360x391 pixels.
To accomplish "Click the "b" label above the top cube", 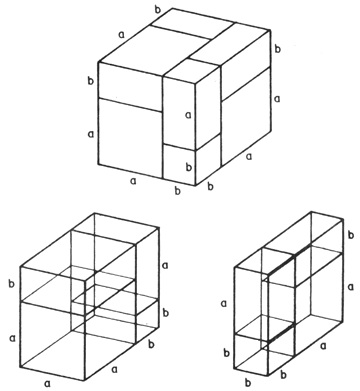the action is [158, 10].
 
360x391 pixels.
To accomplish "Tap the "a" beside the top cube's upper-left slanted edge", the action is [122, 34].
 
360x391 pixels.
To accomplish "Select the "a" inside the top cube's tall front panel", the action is [188, 115].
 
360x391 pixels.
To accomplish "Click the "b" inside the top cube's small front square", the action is [189, 167].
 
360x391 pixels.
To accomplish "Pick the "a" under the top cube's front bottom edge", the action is [133, 181].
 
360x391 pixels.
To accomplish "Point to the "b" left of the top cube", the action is [91, 81].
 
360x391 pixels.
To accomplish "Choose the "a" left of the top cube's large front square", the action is [91, 134].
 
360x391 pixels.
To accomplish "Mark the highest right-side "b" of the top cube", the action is [277, 49].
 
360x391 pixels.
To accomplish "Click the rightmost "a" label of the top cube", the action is [277, 99].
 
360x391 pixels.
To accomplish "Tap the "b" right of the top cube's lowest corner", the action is [210, 186].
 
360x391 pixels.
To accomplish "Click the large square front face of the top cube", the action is [130, 138].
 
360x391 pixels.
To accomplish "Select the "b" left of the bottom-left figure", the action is [12, 284].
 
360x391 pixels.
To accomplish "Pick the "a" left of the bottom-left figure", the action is [13, 338].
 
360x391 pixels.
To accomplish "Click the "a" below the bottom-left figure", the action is [48, 384].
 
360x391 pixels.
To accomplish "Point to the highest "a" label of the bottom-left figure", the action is [165, 265].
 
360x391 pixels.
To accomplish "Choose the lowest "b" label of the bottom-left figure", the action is [151, 344].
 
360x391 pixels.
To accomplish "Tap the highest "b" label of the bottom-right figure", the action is [350, 235].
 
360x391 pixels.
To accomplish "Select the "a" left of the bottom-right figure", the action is [224, 303].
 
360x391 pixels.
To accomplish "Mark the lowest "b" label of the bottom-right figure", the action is [248, 381].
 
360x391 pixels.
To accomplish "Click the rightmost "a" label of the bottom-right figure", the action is [350, 287].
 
